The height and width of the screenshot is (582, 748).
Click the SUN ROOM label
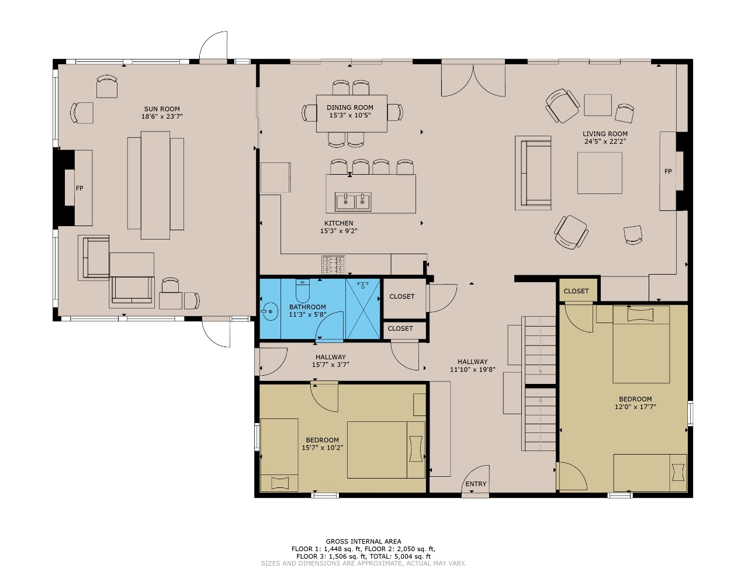coord(162,109)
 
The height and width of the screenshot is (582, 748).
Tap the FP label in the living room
coord(668,171)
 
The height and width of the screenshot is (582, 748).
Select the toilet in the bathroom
coord(303,290)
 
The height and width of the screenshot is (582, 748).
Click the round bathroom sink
coord(270,311)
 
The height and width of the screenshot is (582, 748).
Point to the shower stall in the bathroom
coord(363,309)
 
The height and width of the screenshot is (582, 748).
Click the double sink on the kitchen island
coord(353,202)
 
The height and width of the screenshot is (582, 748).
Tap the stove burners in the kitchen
coord(333,265)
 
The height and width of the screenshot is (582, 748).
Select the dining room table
coord(351,113)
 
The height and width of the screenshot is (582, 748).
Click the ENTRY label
coord(476,484)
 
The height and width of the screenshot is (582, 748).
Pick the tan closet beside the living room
coord(579,290)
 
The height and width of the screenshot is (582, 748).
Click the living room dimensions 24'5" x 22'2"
coord(605,141)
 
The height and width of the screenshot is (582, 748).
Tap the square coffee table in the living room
coord(600,173)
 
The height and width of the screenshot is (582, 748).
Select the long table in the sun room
coord(155,185)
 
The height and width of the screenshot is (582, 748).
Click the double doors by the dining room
coord(473,81)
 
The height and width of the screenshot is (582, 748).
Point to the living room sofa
coord(533,173)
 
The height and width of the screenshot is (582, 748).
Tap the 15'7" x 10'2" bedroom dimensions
coord(322,448)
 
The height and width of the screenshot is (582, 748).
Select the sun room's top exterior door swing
coord(213,45)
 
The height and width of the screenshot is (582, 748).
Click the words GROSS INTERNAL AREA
coord(363,541)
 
